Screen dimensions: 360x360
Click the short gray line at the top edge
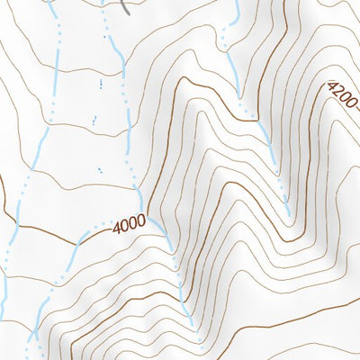(127, 7)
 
